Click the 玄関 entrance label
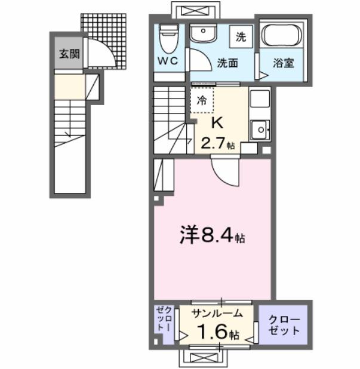pos(69,54)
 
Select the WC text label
pos(168,61)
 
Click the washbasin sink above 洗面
pos(204,34)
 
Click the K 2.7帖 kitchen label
pos(217,133)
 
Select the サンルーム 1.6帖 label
pos(217,322)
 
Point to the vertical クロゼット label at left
pos(164,322)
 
